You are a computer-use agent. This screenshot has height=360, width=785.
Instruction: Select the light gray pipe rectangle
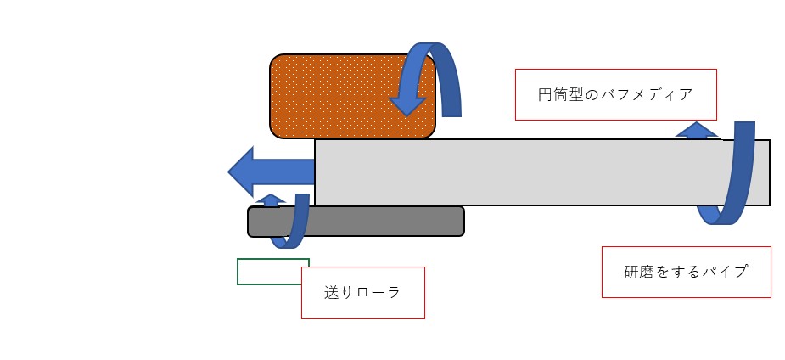(x=542, y=172)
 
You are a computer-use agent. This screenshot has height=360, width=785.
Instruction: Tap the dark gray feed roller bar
(x=356, y=222)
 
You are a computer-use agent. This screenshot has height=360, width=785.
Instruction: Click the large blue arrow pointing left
(x=271, y=172)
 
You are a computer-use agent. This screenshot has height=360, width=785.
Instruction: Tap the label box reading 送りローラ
(x=363, y=293)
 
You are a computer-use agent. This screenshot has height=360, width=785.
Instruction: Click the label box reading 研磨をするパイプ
(x=687, y=272)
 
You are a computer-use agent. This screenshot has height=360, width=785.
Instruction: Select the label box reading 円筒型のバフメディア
(x=616, y=94)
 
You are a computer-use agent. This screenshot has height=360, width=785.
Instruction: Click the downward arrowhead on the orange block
(x=407, y=106)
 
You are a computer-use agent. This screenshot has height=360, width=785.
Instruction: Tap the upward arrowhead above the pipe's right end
(x=697, y=130)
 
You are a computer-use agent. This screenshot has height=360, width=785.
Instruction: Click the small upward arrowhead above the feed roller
(x=271, y=200)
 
